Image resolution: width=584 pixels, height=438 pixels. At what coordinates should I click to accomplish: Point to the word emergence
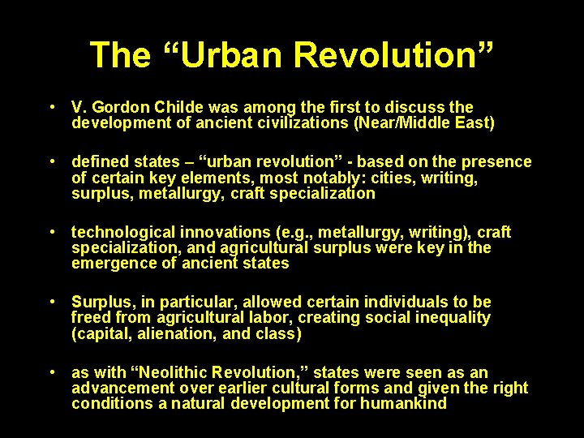tap(111, 264)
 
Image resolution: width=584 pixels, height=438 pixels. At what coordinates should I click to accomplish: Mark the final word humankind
tap(403, 404)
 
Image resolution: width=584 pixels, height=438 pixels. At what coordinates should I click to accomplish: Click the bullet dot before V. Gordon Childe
tap(52, 107)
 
